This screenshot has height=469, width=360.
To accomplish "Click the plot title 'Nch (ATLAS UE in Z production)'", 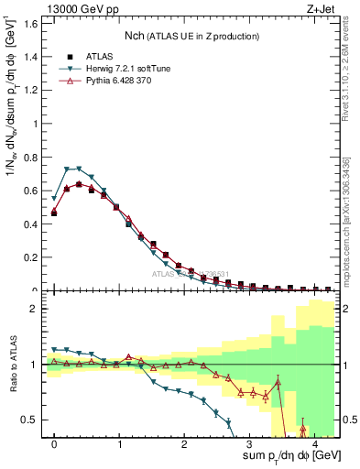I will tap(191, 36).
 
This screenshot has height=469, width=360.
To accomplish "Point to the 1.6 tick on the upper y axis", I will tap(34, 23).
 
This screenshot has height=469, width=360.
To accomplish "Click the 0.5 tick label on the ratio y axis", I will tap(34, 420).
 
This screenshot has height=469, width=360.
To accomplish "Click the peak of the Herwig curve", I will tap(79, 169).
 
